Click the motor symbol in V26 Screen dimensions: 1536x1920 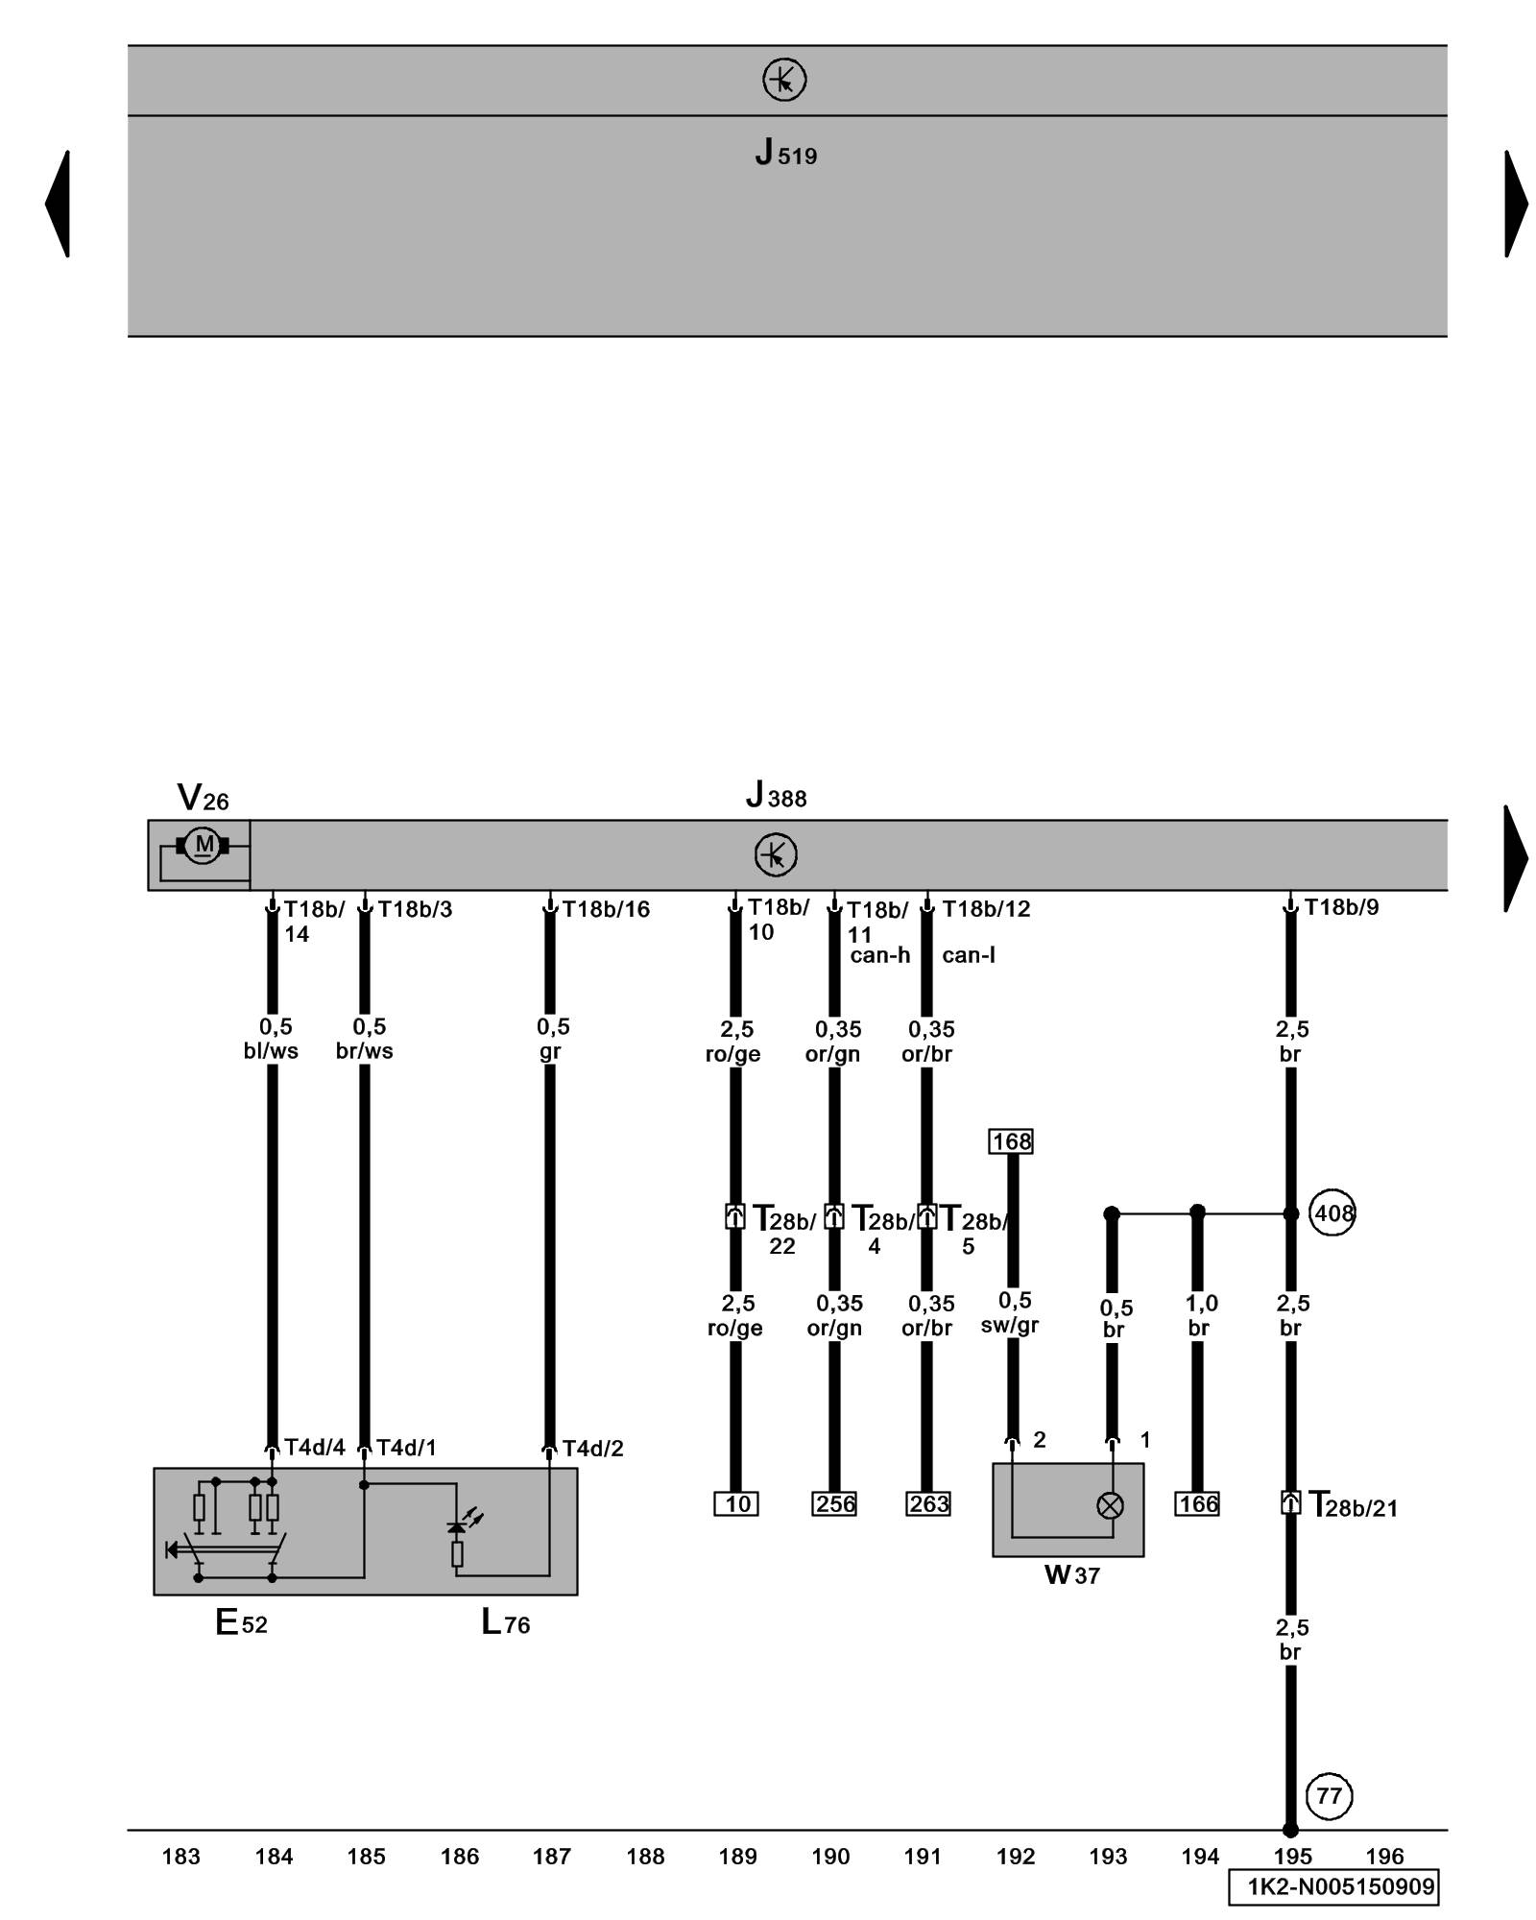click(x=203, y=845)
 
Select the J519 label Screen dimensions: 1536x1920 click(x=785, y=154)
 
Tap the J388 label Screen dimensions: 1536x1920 click(x=776, y=797)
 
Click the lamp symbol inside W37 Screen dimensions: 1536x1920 click(x=1110, y=1505)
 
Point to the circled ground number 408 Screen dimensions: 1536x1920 click(x=1333, y=1213)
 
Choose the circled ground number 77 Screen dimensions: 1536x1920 click(x=1329, y=1795)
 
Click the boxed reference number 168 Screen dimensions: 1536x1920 click(x=1011, y=1141)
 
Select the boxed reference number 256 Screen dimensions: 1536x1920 click(x=834, y=1503)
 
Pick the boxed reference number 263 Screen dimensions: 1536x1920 click(x=928, y=1503)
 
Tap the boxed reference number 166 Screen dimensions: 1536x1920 click(x=1197, y=1503)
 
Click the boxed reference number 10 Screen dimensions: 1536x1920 click(x=736, y=1503)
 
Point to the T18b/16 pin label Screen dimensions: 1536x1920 click(x=606, y=909)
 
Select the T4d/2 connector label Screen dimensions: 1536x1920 click(x=592, y=1449)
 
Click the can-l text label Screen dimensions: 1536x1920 click(x=968, y=955)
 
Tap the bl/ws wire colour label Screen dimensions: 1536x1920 click(x=271, y=1051)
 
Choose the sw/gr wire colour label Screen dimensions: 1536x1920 click(x=1010, y=1326)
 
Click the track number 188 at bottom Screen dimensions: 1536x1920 click(x=645, y=1857)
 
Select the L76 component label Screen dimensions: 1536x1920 click(x=505, y=1622)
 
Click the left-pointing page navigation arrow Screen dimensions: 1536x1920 click(x=59, y=204)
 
